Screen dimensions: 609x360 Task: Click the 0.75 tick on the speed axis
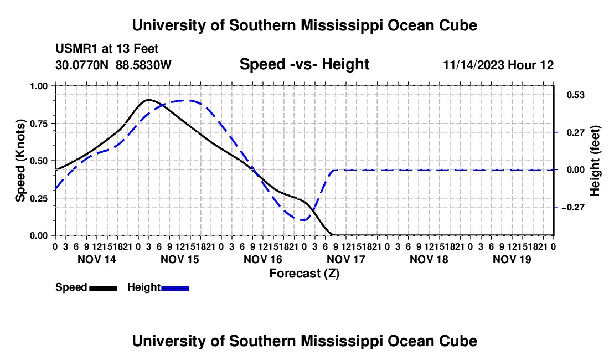(x=53, y=124)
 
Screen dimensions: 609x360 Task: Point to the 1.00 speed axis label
(x=38, y=86)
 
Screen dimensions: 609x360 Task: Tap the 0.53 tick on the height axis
(x=556, y=95)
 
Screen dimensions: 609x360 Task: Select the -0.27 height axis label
(x=573, y=207)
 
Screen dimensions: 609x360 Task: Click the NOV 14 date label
(x=97, y=259)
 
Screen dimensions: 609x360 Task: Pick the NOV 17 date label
(x=345, y=259)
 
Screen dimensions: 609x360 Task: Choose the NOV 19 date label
(x=512, y=259)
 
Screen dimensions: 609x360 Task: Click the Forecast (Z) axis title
(x=304, y=274)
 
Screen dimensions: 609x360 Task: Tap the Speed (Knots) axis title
(x=20, y=161)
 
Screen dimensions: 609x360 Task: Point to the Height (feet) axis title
(x=595, y=161)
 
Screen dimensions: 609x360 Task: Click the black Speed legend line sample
(x=104, y=288)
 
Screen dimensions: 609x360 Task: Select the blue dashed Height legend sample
(x=175, y=288)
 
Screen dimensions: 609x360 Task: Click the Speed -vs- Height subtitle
(x=304, y=64)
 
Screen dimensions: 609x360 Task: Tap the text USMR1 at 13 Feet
(x=107, y=49)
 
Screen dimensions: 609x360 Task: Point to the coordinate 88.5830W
(x=143, y=65)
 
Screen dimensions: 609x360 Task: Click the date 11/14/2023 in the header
(x=474, y=65)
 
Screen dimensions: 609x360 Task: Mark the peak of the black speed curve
(x=148, y=100)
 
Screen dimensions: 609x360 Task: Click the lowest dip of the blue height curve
(x=303, y=220)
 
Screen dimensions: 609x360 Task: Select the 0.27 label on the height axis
(x=575, y=133)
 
